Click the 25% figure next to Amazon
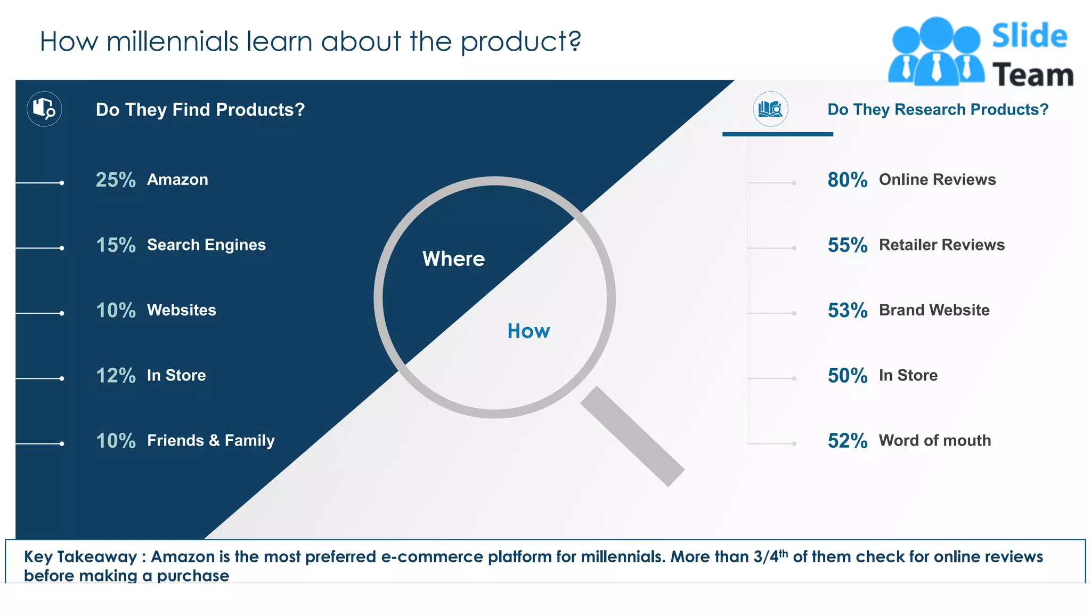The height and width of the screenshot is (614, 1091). click(116, 180)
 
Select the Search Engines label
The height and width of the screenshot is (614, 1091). click(206, 245)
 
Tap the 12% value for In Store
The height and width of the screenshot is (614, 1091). click(116, 376)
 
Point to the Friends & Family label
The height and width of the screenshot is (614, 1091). click(211, 441)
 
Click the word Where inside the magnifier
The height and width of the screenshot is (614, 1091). click(453, 259)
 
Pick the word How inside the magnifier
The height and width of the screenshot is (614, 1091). click(528, 332)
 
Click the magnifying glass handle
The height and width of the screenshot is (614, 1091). click(632, 436)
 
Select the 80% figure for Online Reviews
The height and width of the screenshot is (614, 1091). click(847, 180)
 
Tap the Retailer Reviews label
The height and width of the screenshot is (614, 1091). click(941, 245)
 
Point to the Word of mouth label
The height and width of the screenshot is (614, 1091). click(934, 441)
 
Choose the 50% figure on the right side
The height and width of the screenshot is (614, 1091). click(847, 376)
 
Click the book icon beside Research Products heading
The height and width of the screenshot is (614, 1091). click(770, 109)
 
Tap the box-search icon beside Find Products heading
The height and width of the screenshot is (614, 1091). click(44, 109)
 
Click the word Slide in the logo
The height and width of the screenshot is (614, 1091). click(1029, 36)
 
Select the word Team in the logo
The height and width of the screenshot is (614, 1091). click(1032, 75)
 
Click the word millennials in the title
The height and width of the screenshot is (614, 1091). click(172, 42)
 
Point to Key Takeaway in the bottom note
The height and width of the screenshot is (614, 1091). click(80, 557)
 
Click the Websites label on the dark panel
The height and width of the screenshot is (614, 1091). click(181, 310)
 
